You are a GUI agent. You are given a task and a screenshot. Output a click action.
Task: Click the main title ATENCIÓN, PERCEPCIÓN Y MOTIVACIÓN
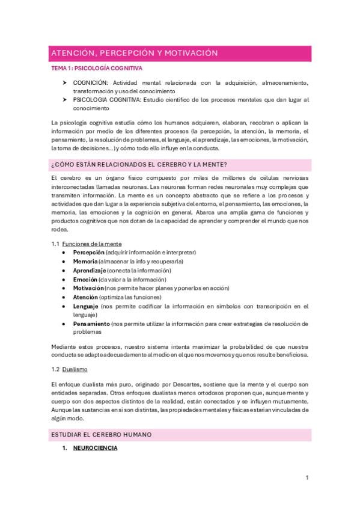(x=134, y=54)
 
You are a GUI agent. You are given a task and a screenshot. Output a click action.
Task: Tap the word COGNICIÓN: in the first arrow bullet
(x=91, y=82)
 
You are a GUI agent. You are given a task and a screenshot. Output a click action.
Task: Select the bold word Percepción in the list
(x=88, y=253)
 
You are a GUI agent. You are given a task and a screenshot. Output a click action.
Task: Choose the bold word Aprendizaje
(x=91, y=271)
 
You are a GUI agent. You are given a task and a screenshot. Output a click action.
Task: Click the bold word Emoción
(x=85, y=280)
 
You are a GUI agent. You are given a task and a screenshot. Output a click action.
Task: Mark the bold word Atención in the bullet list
(x=86, y=297)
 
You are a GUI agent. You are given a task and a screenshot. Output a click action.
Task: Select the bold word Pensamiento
(x=92, y=324)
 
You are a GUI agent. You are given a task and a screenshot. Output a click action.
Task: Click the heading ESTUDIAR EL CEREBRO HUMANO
(x=101, y=434)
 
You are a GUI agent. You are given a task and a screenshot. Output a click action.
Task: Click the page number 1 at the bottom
(x=307, y=478)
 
